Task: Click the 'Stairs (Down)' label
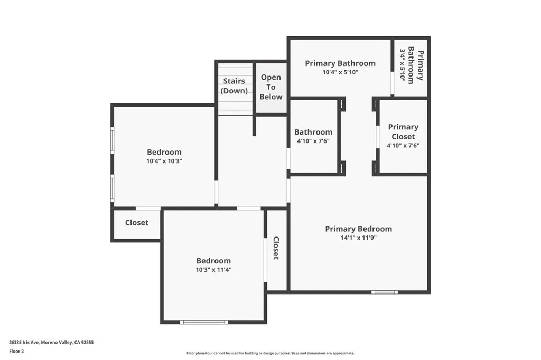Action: click(x=234, y=86)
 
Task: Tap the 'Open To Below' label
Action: click(x=271, y=87)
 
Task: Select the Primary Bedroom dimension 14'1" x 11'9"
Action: click(x=358, y=238)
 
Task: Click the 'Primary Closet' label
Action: click(x=403, y=131)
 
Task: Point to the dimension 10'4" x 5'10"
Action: click(x=340, y=73)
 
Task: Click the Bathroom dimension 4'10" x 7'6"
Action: click(x=313, y=141)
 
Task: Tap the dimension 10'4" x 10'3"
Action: click(x=164, y=162)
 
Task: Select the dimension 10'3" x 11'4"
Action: click(x=213, y=270)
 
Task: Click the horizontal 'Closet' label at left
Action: click(x=136, y=223)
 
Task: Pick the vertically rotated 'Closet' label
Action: click(x=276, y=248)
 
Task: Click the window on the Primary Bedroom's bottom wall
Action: click(x=384, y=292)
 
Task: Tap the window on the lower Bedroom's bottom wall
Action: click(x=204, y=321)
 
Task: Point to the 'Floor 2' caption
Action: click(x=17, y=350)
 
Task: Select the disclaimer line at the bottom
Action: click(x=270, y=353)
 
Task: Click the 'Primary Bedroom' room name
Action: click(x=358, y=229)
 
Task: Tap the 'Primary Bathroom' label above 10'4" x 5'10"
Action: click(x=340, y=63)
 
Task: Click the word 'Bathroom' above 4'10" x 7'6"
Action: click(x=313, y=132)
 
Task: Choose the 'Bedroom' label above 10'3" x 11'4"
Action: click(x=213, y=260)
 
